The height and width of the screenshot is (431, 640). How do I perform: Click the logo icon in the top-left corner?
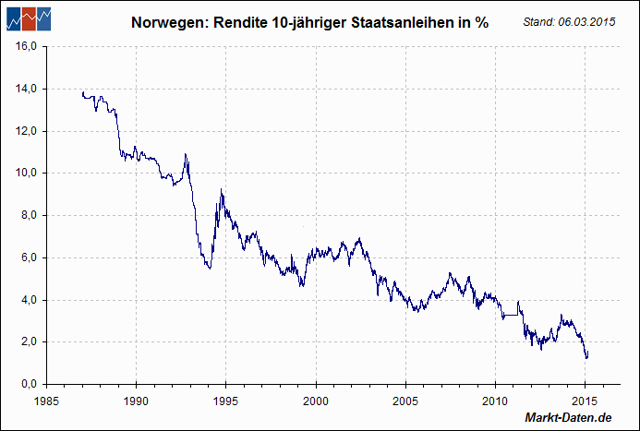point(27,19)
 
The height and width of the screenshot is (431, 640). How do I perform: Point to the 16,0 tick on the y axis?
point(25,46)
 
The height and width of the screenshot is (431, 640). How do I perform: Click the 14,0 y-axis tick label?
point(25,89)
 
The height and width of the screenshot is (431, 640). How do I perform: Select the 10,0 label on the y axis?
point(25,173)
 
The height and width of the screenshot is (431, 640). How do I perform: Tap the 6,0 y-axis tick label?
point(27,257)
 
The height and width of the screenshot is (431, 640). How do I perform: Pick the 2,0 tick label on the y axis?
point(27,341)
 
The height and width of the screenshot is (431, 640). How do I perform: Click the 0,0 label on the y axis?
point(27,384)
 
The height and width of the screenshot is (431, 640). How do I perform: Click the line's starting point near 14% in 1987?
point(82,92)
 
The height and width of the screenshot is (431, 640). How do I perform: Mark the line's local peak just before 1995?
point(221,190)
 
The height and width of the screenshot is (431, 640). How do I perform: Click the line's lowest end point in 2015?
point(586,358)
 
